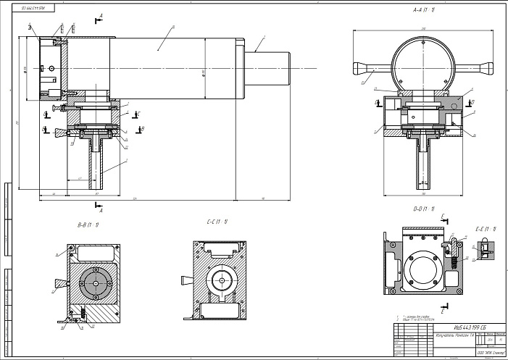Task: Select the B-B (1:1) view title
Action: [89, 225]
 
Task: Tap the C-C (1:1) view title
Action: [217, 221]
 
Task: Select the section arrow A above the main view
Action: [100, 17]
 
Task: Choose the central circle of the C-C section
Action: [221, 278]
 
